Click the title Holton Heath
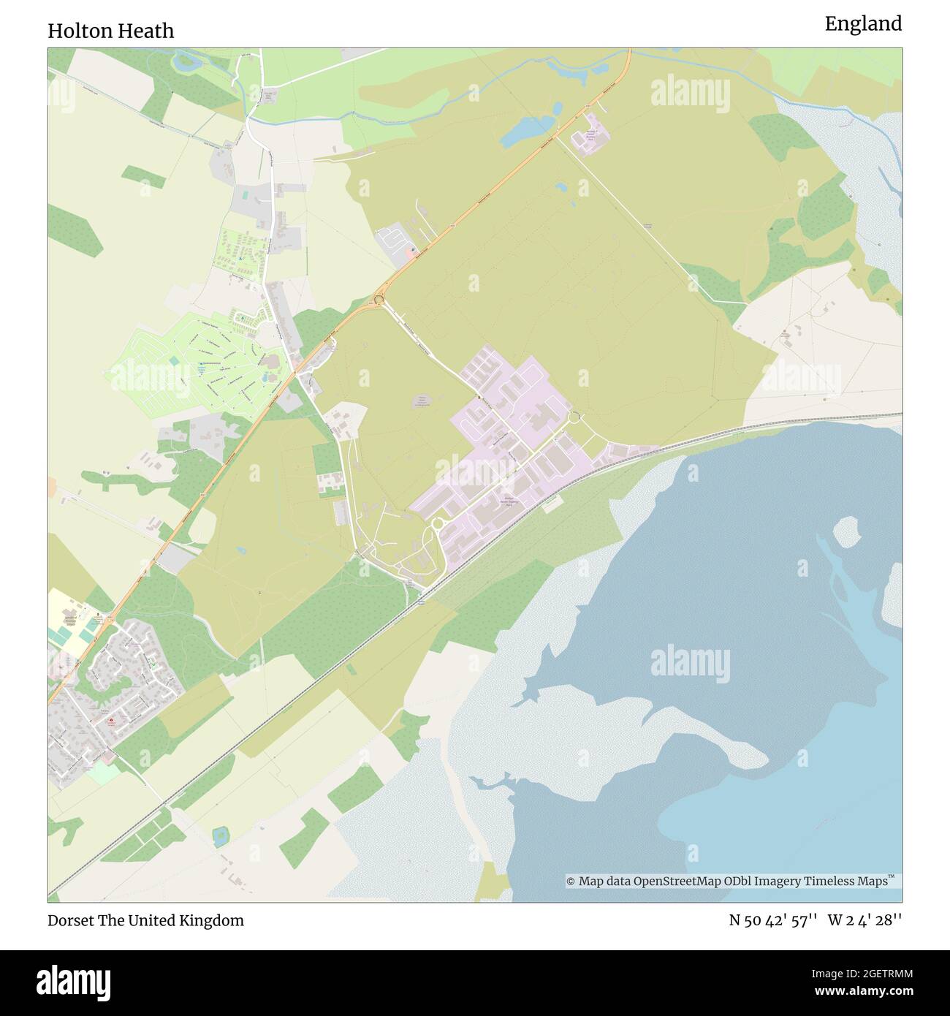111,31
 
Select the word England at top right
863,24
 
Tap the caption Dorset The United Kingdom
145,920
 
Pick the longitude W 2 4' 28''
865,920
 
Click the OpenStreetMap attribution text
731,882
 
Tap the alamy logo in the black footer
74,981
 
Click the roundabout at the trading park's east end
574,417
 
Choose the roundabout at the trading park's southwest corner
438,523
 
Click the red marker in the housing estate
110,721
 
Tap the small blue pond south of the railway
219,835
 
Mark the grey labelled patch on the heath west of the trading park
422,401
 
